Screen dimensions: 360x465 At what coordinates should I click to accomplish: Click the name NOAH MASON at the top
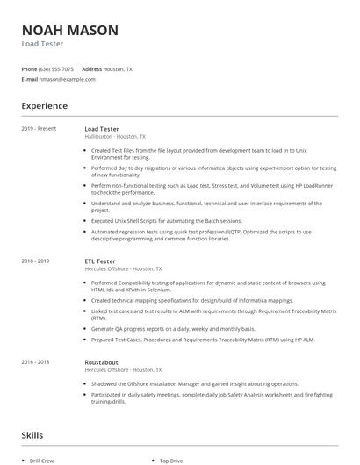[69, 30]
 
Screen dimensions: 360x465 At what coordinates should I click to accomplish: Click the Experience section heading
[45, 106]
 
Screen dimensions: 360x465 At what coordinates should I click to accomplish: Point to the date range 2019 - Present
[39, 129]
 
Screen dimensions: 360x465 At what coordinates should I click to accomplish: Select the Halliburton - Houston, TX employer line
[115, 137]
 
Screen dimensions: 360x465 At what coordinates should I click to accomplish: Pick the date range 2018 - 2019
[36, 261]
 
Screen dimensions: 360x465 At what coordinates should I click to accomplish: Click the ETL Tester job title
[101, 261]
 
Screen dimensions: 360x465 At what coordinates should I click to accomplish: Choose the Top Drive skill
[171, 460]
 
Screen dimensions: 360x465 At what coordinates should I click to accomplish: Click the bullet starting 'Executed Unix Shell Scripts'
[166, 221]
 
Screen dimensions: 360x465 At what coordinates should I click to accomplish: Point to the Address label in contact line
[91, 68]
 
